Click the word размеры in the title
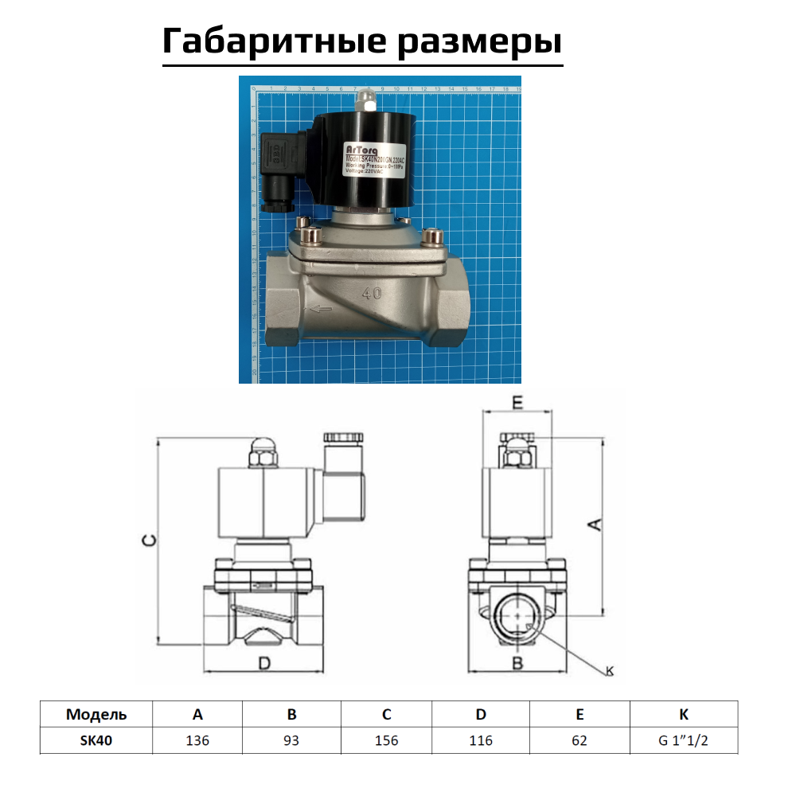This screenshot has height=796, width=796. pyautogui.click(x=480, y=41)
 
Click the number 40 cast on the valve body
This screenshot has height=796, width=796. pyautogui.click(x=371, y=292)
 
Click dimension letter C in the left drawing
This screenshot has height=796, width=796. pyautogui.click(x=148, y=540)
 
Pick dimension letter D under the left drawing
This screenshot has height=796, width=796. pyautogui.click(x=266, y=663)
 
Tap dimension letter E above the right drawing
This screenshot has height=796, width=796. pyautogui.click(x=517, y=404)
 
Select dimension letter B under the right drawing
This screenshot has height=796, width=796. pyautogui.click(x=517, y=663)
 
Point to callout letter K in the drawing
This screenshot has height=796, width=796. pyautogui.click(x=610, y=671)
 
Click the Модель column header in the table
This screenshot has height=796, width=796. pyautogui.click(x=96, y=714)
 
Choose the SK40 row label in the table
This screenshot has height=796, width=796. pyautogui.click(x=96, y=740)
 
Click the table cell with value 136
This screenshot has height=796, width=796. pyautogui.click(x=197, y=740)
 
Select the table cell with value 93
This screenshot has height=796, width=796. pyautogui.click(x=291, y=740)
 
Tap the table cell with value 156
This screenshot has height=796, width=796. pyautogui.click(x=387, y=740)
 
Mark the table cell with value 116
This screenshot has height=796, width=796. pyautogui.click(x=480, y=740)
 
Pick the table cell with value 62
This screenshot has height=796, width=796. pyautogui.click(x=579, y=740)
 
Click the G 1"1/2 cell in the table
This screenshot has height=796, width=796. pyautogui.click(x=683, y=740)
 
